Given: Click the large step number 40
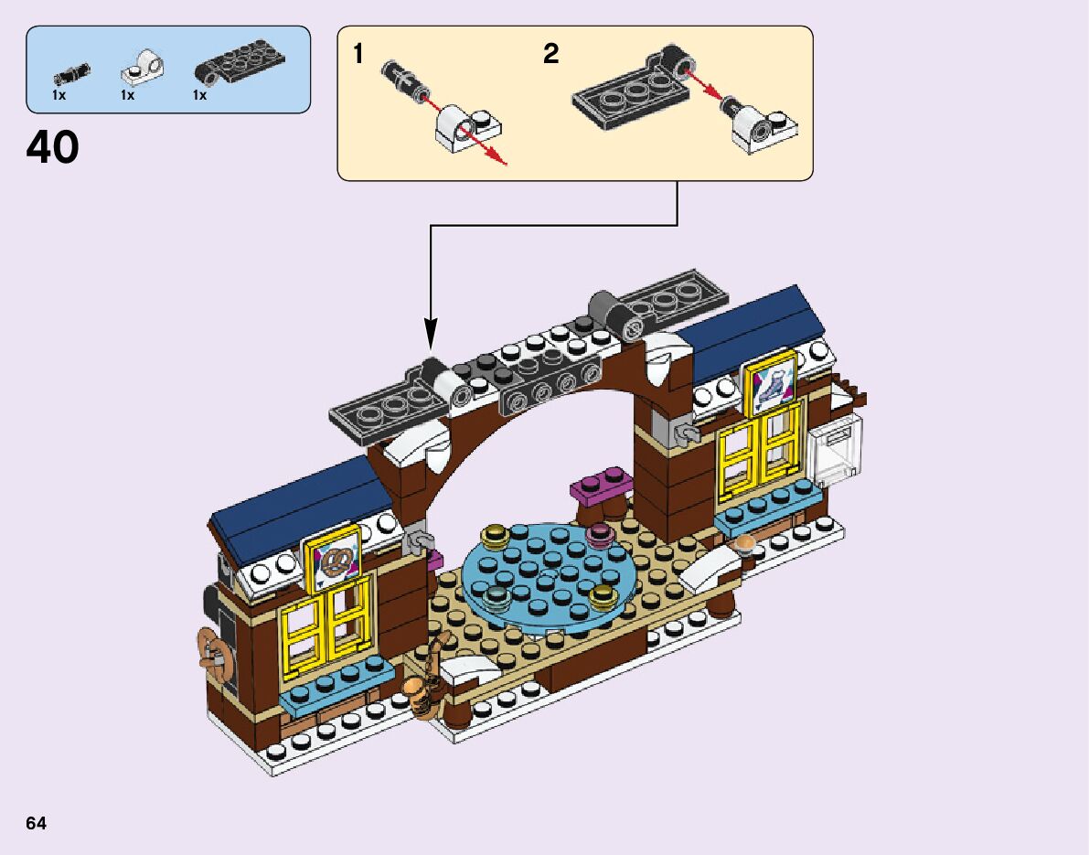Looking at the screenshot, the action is pos(53,148).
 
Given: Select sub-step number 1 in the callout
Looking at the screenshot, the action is pos(358,55).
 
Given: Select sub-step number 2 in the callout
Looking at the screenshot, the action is pos(550,55).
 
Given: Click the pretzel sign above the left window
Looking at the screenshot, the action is pos(334,557).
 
